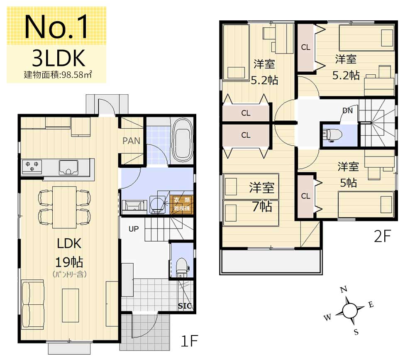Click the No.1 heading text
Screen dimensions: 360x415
pyautogui.click(x=56, y=28)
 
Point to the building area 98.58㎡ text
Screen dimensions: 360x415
pyautogui.click(x=58, y=75)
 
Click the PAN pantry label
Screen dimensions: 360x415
pyautogui.click(x=131, y=141)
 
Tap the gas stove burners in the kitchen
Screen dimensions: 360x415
pyautogui.click(x=31, y=167)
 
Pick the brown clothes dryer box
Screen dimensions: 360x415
pyautogui.click(x=181, y=204)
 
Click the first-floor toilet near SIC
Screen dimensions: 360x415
pyautogui.click(x=182, y=266)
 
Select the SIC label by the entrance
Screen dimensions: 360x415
pyautogui.click(x=185, y=306)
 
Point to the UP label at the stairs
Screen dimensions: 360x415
pyautogui.click(x=133, y=228)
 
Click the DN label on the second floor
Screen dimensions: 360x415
pyautogui.click(x=347, y=110)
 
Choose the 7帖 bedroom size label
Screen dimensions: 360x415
pyautogui.click(x=262, y=206)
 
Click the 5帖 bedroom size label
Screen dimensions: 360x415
pyautogui.click(x=348, y=183)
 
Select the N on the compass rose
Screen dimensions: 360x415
pyautogui.click(x=343, y=290)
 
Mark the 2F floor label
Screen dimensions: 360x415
pyautogui.click(x=382, y=236)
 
